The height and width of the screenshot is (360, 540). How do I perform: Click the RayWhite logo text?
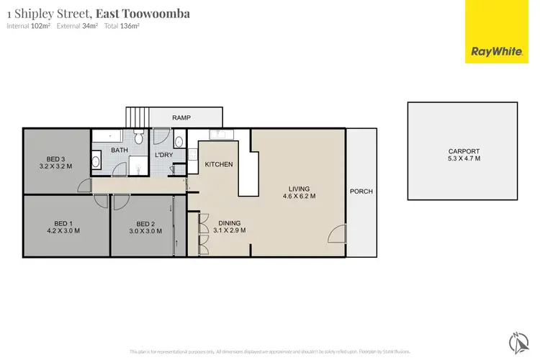(x=496, y=51)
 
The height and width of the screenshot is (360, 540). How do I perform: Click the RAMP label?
(x=181, y=117)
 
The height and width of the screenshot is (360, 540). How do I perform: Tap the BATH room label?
(x=119, y=150)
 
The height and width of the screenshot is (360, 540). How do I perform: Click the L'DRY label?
(x=164, y=155)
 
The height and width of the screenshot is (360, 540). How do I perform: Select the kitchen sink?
(x=218, y=135)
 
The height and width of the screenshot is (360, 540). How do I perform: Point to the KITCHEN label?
(x=219, y=165)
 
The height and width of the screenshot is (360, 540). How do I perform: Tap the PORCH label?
(x=360, y=192)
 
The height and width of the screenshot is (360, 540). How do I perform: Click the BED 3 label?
(x=55, y=158)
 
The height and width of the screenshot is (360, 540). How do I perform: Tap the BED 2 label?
(x=145, y=223)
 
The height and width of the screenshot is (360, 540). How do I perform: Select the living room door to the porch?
(x=335, y=235)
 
